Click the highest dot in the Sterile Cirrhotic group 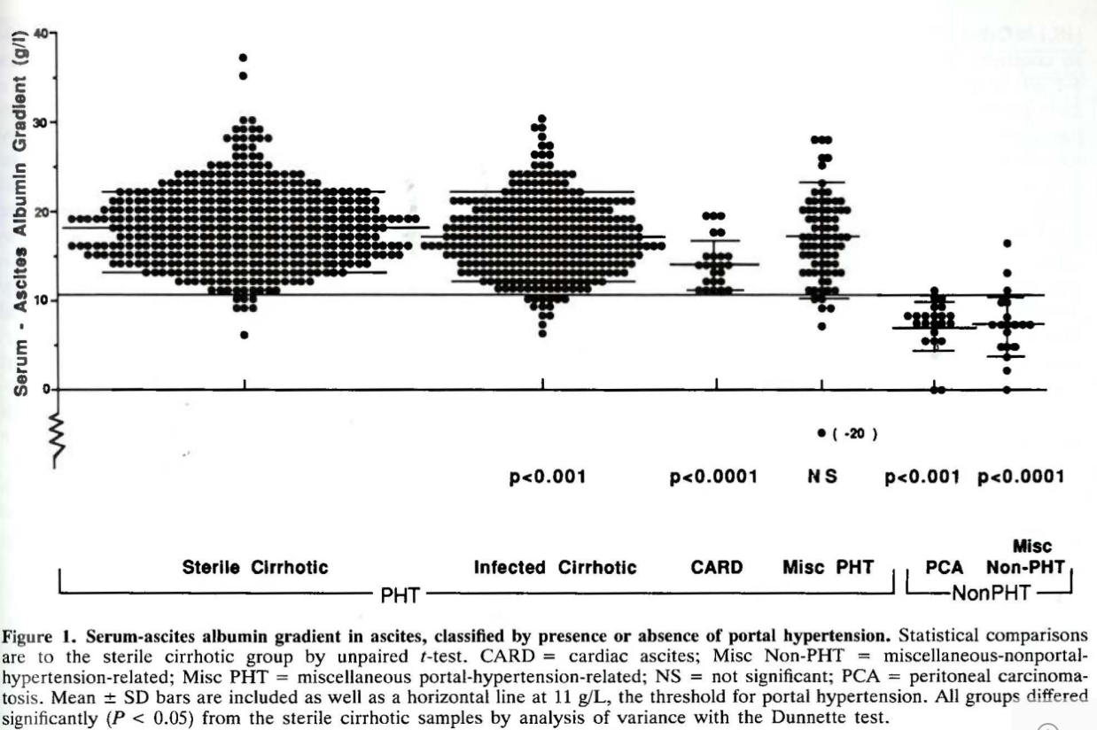click(244, 58)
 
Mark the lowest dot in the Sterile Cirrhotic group click(244, 335)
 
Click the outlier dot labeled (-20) click(821, 432)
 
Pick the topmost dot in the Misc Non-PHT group click(1007, 243)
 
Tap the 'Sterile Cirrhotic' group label click(255, 567)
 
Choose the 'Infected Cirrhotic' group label click(555, 567)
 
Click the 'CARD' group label click(716, 567)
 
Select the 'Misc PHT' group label click(828, 567)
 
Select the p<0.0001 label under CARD click(713, 478)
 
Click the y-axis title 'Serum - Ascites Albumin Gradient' click(19, 221)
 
